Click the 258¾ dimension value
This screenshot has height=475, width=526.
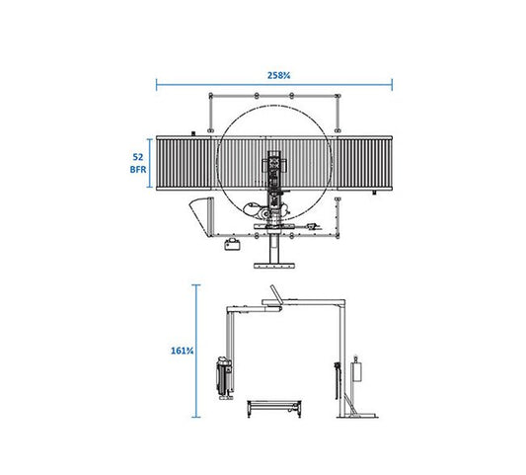(278, 75)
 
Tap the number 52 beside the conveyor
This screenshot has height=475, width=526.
(138, 157)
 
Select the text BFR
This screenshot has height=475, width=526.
(138, 170)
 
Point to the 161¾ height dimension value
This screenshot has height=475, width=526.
(183, 351)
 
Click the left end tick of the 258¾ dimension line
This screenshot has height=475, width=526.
(156, 85)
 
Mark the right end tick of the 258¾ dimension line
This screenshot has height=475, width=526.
(392, 85)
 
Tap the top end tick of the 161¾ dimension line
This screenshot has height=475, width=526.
(196, 285)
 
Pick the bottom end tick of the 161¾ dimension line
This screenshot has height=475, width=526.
(196, 417)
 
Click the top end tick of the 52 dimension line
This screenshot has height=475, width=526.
(150, 139)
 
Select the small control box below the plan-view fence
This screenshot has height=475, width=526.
(233, 244)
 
